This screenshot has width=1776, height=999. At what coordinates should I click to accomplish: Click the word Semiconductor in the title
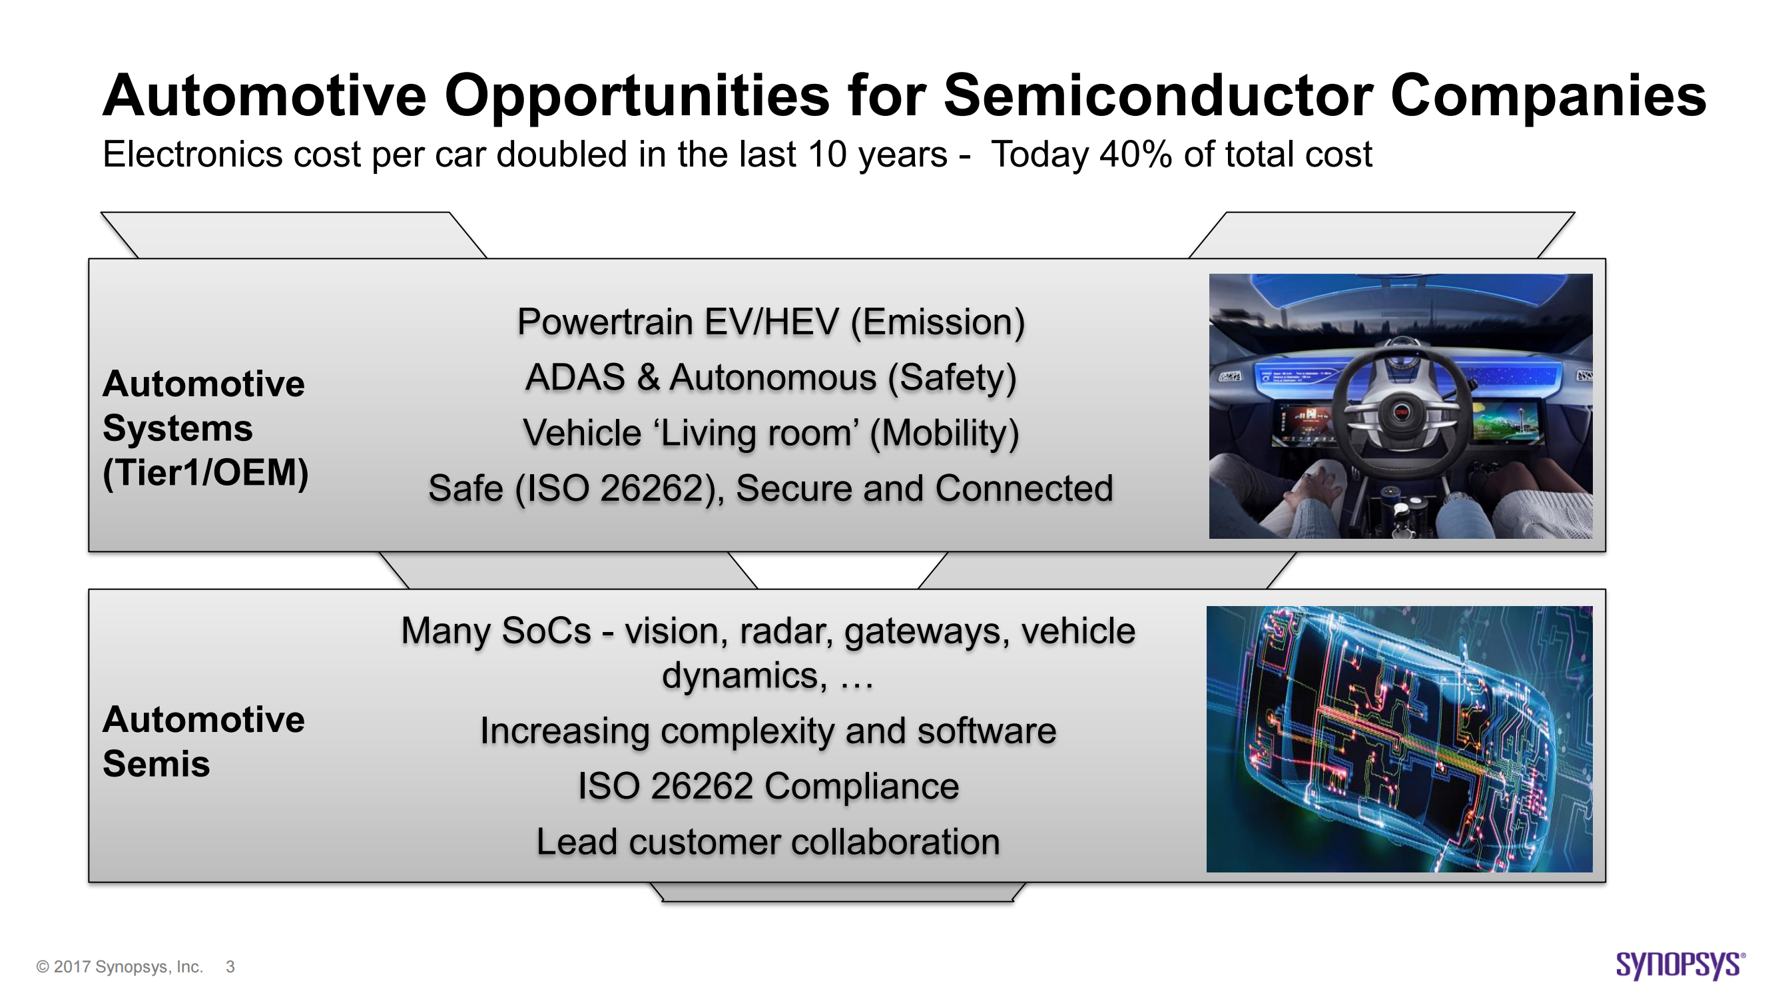point(1157,96)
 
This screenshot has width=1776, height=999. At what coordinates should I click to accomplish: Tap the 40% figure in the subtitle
point(1135,155)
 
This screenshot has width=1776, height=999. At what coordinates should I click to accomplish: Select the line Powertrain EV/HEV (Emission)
point(770,322)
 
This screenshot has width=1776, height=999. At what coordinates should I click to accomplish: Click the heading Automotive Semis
point(202,742)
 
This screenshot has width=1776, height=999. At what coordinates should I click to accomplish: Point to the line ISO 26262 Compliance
point(768,787)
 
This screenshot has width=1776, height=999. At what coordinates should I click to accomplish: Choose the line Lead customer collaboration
point(768,842)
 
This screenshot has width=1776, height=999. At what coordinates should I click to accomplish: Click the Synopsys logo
point(1679,965)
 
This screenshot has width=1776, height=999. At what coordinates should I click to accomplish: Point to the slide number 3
point(230,967)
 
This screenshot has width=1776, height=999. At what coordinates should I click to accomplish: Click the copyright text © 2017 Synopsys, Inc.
point(119,967)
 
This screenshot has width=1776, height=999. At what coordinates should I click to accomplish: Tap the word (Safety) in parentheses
point(952,378)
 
